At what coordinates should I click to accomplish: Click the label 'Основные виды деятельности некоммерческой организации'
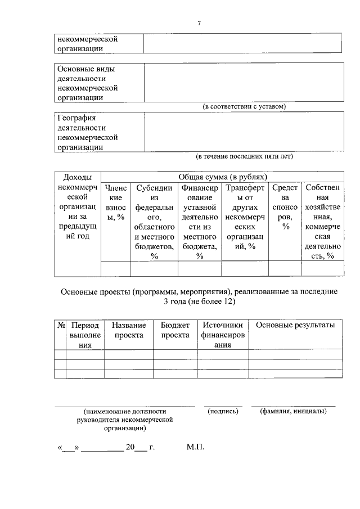(87, 83)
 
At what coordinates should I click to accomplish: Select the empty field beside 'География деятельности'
(243, 132)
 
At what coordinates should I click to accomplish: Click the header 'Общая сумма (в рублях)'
(222, 177)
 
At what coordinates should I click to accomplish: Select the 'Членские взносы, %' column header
(115, 202)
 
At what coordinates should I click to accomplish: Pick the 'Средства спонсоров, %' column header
(285, 208)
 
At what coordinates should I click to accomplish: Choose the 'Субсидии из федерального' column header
(154, 222)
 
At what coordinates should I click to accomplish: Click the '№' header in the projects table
(60, 326)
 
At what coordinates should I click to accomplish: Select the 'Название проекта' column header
(129, 330)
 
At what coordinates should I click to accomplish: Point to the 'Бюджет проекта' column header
(175, 330)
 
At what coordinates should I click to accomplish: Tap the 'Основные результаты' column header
(295, 326)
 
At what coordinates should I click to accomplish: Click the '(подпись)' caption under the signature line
(223, 411)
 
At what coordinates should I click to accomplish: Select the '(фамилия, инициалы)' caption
(293, 411)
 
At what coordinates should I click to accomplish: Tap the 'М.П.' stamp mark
(196, 448)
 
